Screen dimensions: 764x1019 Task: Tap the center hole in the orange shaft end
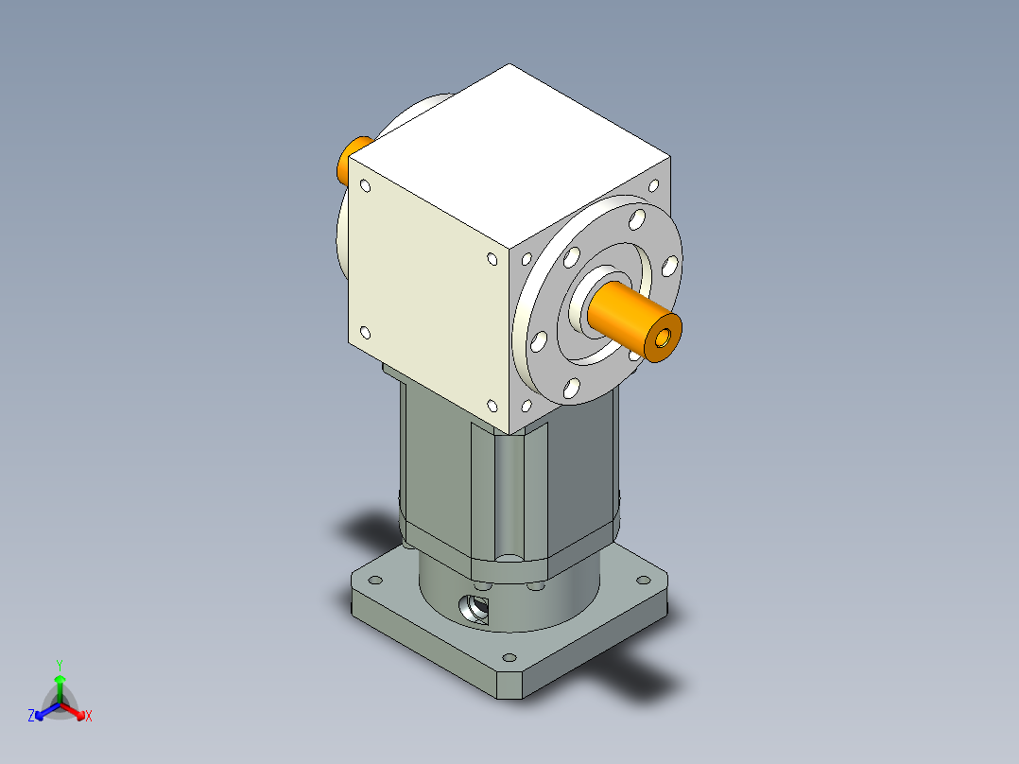[664, 338]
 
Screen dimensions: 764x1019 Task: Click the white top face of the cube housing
[510, 151]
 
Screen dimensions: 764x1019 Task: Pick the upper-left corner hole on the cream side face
[364, 185]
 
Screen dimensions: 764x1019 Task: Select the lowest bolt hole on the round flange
[572, 387]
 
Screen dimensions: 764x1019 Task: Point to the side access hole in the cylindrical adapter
[475, 609]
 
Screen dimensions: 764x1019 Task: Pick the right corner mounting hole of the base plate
[653, 583]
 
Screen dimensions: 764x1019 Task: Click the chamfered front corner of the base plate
[511, 686]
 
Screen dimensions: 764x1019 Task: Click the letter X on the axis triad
[89, 717]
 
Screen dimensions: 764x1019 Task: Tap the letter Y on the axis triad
[60, 665]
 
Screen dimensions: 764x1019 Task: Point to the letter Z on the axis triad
[31, 717]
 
